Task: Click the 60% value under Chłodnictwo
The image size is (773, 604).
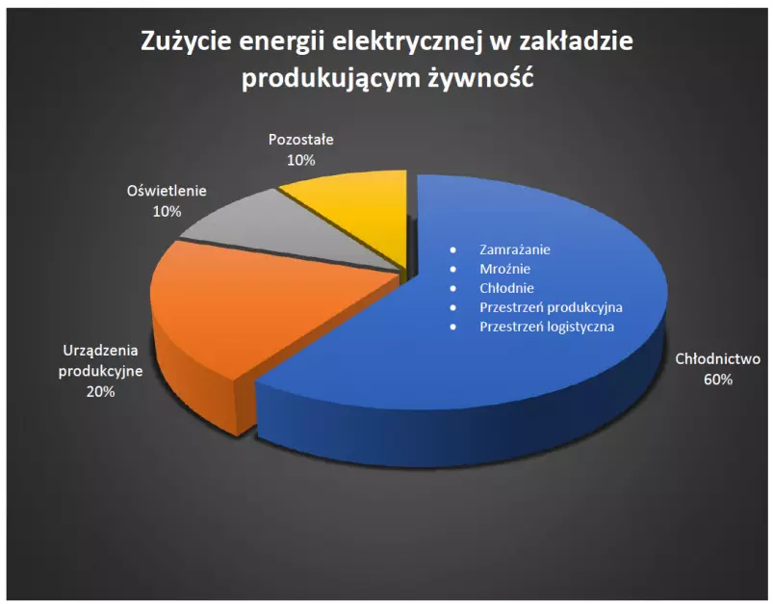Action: (718, 380)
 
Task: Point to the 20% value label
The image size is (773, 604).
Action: (100, 391)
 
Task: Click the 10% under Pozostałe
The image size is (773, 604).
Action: (300, 160)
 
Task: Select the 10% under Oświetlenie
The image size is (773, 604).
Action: (167, 211)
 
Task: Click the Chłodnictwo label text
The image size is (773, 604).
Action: (718, 358)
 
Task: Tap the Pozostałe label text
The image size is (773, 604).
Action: (300, 140)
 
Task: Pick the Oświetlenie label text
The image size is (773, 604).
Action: (167, 191)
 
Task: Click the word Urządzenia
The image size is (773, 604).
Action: (100, 351)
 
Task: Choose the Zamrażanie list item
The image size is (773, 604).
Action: (515, 249)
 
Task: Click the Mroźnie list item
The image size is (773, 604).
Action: (504, 269)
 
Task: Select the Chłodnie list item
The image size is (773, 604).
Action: (506, 288)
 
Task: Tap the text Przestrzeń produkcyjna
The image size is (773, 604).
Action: (551, 307)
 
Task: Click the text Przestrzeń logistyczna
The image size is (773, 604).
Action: (547, 327)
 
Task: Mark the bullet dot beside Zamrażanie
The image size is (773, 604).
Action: (453, 250)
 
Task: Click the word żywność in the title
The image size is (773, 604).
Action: (480, 78)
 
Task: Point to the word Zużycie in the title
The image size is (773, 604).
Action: (186, 40)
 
